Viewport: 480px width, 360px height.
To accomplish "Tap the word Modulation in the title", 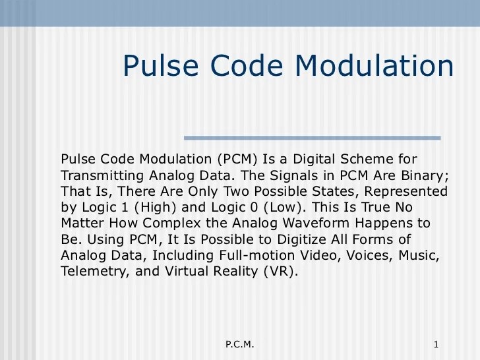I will click(374, 66).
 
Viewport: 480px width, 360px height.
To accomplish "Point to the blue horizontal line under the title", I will click(312, 138).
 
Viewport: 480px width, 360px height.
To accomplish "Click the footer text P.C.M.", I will click(239, 345).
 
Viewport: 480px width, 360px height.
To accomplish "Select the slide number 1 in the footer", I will click(436, 345).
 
